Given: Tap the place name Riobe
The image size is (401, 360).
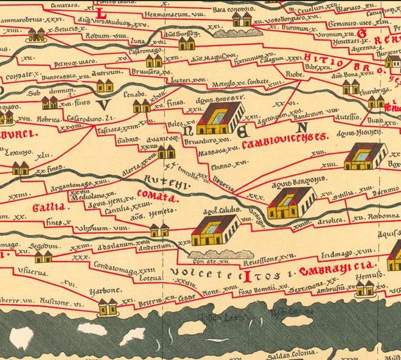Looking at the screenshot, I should [295, 75].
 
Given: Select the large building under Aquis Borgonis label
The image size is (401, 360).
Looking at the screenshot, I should [290, 204].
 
